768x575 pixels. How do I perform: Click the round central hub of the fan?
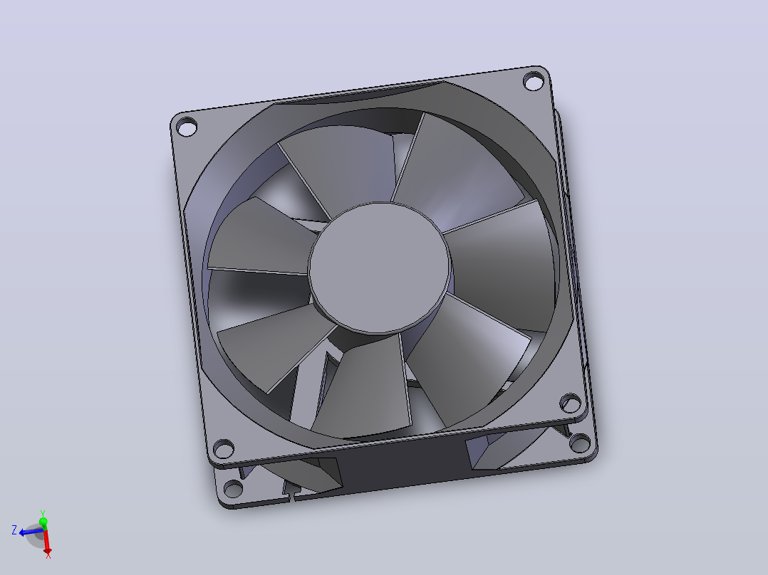tap(379, 268)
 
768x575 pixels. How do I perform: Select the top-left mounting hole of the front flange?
tap(186, 127)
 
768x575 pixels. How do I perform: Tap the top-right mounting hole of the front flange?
tap(534, 80)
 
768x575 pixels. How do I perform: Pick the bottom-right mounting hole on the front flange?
tap(571, 403)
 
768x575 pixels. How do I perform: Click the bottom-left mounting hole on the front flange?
tap(224, 448)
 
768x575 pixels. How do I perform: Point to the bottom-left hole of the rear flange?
tap(233, 488)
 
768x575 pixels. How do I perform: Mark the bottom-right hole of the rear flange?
tap(580, 443)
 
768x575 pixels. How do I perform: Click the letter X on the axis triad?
tap(48, 554)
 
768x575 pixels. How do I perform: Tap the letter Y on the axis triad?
tap(43, 513)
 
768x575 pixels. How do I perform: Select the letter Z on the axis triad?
tap(14, 530)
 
